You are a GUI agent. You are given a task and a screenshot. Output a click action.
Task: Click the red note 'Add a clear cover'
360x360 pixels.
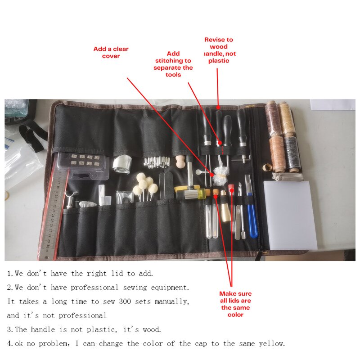click(111, 52)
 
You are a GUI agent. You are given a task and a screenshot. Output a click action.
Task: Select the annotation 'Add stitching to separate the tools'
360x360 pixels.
click(173, 64)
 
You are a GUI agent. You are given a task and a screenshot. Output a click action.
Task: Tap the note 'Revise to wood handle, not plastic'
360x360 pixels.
click(219, 50)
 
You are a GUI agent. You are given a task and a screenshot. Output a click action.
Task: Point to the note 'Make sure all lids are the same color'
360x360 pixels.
click(235, 304)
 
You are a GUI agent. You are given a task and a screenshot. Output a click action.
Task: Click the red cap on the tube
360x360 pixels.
click(231, 188)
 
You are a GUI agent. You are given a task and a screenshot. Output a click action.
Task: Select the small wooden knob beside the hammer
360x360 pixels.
click(180, 161)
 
